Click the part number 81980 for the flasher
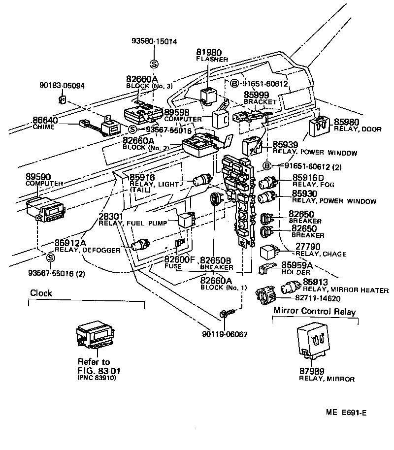(209, 52)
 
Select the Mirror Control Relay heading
(314, 312)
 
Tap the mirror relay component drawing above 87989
(316, 340)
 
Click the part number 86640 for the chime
(45, 120)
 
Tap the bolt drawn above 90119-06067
(224, 313)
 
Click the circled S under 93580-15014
(154, 64)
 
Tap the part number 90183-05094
(62, 85)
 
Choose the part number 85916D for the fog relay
(308, 177)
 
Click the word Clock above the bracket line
(41, 293)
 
